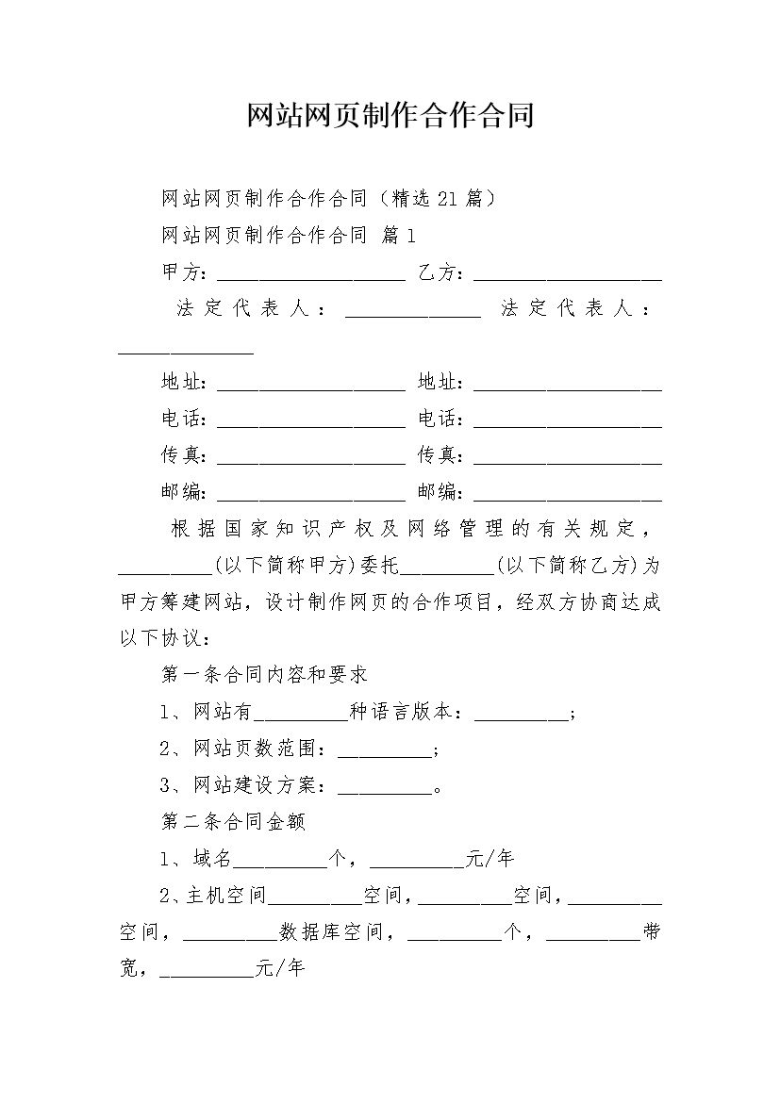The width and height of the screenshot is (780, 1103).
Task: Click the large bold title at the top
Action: point(390,115)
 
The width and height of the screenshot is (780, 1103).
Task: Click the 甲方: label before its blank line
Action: point(185,272)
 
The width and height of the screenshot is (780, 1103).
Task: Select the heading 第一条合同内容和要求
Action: point(264,675)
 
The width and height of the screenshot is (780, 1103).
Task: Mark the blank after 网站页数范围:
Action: point(383,749)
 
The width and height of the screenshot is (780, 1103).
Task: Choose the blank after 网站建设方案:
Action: point(383,785)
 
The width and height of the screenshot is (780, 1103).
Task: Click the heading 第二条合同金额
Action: point(233,822)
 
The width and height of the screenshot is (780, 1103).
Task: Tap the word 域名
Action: point(211,859)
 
